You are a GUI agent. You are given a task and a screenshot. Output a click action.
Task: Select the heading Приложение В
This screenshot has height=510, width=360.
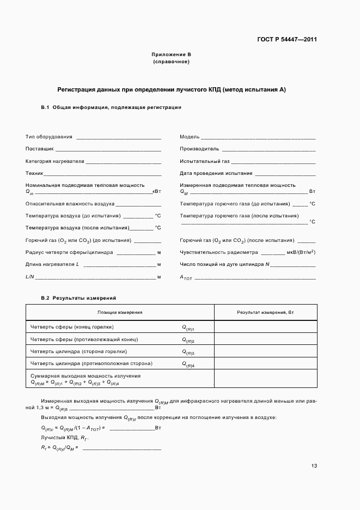coord(172,55)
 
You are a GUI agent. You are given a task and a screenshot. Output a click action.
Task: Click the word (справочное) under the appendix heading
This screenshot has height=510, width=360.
coord(172,62)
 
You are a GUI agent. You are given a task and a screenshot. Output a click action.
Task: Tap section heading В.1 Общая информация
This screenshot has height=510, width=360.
coord(111,107)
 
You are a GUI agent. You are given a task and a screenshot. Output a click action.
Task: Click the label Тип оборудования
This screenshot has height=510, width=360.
coord(48,136)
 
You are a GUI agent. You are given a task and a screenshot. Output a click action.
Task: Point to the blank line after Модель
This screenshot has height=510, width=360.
coord(258,137)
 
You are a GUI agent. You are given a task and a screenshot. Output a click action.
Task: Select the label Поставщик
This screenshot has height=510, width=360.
coord(39,148)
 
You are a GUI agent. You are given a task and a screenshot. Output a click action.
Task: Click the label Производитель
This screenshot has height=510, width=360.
coord(199,148)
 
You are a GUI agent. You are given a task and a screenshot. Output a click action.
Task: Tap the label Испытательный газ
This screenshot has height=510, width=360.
coord(205,161)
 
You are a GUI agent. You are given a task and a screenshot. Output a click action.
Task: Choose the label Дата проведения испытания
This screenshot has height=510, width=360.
coord(216,173)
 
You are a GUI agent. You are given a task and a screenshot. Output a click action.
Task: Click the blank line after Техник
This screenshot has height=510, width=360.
coord(102,174)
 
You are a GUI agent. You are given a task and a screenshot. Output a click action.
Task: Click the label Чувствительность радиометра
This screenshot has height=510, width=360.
coord(218,252)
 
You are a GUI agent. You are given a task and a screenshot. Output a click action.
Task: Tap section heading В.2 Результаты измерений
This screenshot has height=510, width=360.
coord(78,297)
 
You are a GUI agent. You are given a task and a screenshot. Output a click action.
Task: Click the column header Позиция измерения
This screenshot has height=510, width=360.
coord(120,312)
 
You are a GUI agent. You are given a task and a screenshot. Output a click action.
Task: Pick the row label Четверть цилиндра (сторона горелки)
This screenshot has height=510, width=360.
coord(78,351)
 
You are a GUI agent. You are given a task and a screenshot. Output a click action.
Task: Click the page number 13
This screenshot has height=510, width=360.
coord(314,465)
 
